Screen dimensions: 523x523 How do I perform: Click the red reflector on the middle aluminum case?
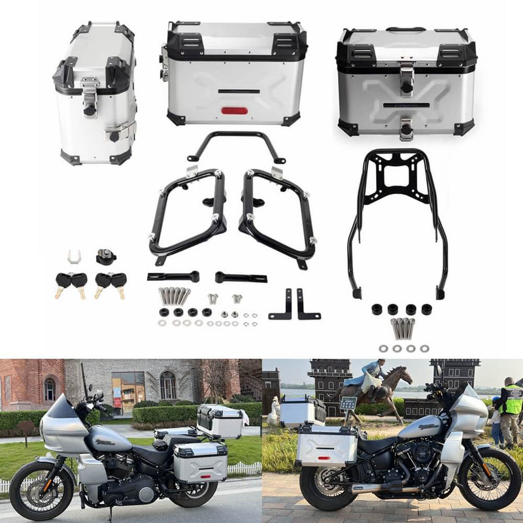235,110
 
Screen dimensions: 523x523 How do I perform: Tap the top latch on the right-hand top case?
407,78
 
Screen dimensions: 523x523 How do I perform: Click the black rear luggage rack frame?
398,216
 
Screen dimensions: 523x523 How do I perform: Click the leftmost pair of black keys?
71,283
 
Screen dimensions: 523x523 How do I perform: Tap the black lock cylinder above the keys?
106,257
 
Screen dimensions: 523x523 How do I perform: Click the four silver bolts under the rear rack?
403,328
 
